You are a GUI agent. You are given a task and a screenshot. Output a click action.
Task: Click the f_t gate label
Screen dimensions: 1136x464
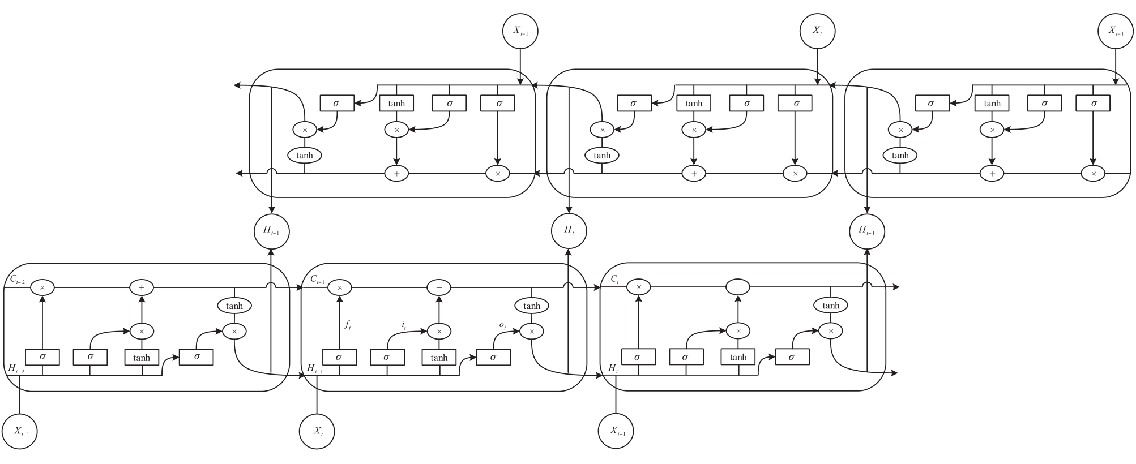point(348,325)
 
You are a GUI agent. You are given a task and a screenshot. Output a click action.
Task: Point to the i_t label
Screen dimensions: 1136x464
point(404,325)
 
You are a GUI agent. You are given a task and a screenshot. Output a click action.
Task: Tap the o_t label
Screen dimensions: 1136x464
point(502,325)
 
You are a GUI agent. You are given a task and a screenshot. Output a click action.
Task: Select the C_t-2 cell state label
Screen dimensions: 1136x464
point(18,279)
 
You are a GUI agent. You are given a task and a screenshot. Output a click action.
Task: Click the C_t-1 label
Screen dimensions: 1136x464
point(318,279)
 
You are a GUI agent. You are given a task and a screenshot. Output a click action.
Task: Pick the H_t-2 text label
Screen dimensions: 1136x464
point(16,368)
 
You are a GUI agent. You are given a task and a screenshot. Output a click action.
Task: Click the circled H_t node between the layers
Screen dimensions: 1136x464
point(569,230)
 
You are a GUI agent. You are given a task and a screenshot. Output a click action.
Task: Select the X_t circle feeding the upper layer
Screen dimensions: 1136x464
point(817,31)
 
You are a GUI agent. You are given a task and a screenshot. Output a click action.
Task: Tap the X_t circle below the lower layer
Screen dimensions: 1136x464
point(317,431)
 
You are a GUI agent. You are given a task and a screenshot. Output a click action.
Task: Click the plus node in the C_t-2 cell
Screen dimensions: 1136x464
point(142,287)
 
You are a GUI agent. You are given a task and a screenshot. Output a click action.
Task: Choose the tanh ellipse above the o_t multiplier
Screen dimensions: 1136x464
point(532,306)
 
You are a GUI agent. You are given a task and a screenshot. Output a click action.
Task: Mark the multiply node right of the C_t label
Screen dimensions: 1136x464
point(639,287)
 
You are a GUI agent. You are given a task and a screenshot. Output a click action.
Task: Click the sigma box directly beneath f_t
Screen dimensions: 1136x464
point(339,357)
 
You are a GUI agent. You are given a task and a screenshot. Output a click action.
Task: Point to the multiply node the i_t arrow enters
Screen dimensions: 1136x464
point(439,331)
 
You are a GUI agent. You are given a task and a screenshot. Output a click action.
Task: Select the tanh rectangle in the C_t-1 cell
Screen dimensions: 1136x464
point(439,357)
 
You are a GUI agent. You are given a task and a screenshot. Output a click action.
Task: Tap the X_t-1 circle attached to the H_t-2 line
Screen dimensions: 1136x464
point(20,431)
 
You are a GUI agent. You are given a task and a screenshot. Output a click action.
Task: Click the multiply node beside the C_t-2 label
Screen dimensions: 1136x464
point(42,287)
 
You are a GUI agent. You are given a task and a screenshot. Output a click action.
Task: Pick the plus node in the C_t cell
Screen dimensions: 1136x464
point(738,287)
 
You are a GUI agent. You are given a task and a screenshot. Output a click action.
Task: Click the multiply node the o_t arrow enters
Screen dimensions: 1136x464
point(532,331)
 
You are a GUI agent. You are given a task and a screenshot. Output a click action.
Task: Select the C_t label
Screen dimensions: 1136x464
point(615,279)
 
